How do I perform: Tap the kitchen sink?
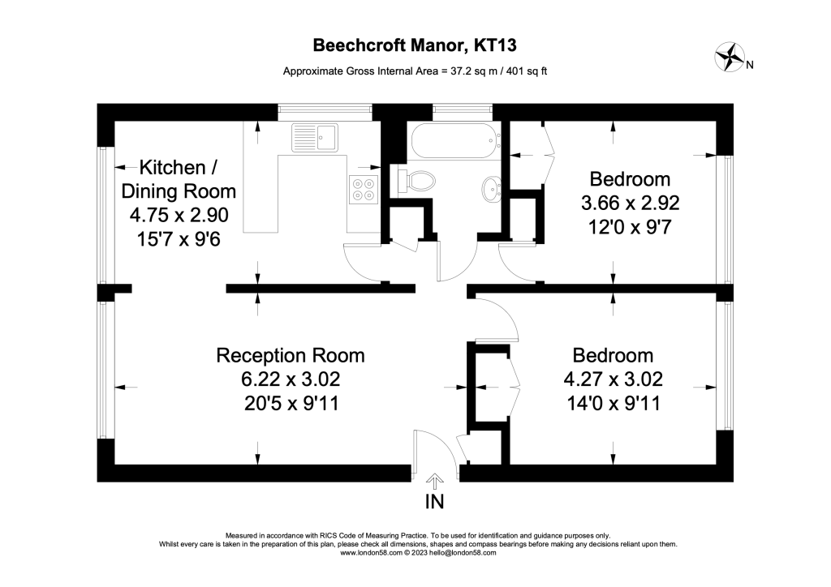pos(315,137)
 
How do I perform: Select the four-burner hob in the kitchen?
pos(364,189)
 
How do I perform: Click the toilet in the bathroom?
pos(417,179)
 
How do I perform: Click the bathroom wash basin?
pos(492,189)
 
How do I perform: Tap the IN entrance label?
pos(435,502)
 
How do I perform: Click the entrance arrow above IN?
pos(435,481)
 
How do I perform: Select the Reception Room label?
pos(290,355)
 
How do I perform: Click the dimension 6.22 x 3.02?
pos(290,379)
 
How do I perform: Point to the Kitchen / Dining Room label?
pos(179,179)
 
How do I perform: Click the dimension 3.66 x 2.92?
pos(630,203)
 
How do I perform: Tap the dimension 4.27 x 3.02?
pos(613,379)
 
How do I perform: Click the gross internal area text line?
pos(415,71)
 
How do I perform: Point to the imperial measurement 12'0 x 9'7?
pos(630,226)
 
